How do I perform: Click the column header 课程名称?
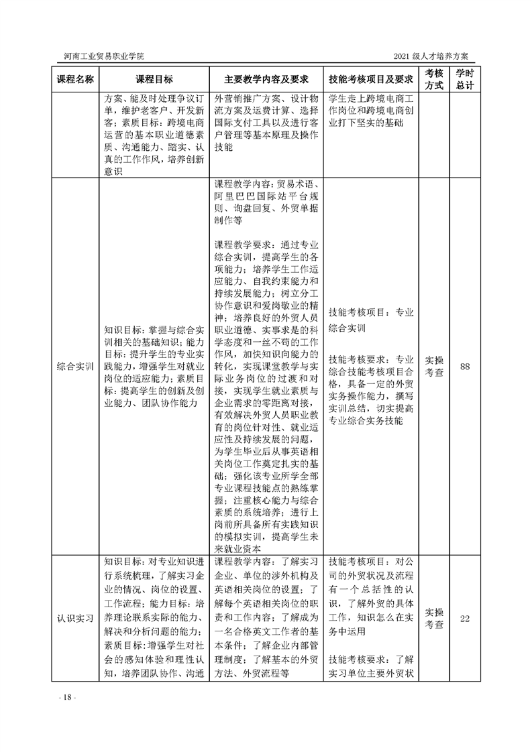[74, 79]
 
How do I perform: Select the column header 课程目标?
[154, 79]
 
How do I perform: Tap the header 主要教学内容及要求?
[266, 79]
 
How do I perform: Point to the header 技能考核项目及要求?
[370, 79]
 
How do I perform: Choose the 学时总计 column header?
[464, 79]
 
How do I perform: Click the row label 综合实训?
[74, 367]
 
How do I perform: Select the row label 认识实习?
[74, 617]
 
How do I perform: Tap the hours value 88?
[464, 367]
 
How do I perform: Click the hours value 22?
[464, 617]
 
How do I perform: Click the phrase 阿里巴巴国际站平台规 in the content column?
[266, 197]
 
